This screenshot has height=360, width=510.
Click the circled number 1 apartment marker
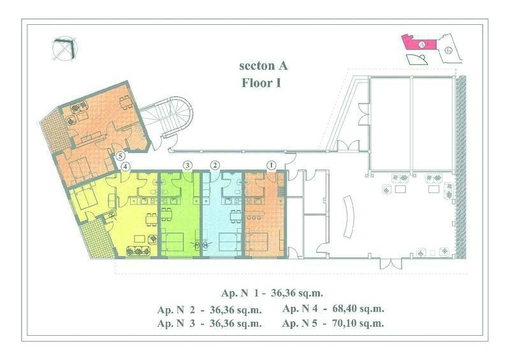coord(271,165)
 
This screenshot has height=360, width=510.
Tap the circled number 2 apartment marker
coord(214,165)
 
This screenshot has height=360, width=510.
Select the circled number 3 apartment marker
coord(187,165)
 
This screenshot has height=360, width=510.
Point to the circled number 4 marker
coord(126,167)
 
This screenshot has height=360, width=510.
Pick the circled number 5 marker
coord(120,156)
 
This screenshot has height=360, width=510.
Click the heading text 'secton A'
coord(263,66)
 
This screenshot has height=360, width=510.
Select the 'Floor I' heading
coord(261,83)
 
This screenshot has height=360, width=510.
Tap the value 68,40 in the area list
coord(345,308)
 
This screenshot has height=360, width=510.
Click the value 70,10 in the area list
coord(344,323)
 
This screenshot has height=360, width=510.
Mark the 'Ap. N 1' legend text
coord(240,293)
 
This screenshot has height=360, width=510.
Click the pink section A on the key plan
coord(419,42)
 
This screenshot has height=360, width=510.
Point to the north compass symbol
coord(66,49)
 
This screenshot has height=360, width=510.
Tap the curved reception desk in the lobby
coord(347,217)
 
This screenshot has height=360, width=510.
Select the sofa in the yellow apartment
coord(138,251)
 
